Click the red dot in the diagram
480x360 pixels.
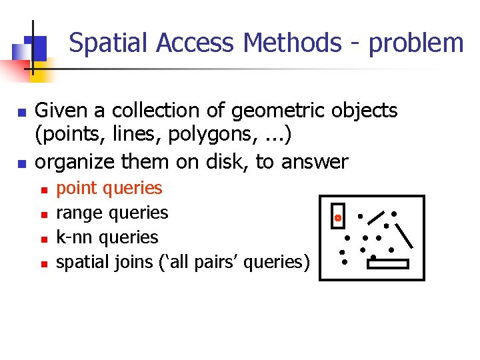[x=338, y=218]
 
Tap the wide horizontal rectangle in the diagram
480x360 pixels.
[x=387, y=264]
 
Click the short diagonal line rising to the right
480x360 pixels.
[x=377, y=217]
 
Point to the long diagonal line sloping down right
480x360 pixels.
[x=405, y=235]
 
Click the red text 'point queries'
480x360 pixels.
[x=109, y=189]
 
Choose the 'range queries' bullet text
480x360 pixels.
[x=112, y=213]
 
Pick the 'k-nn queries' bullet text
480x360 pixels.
[x=107, y=237]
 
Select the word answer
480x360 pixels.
[x=315, y=161]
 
